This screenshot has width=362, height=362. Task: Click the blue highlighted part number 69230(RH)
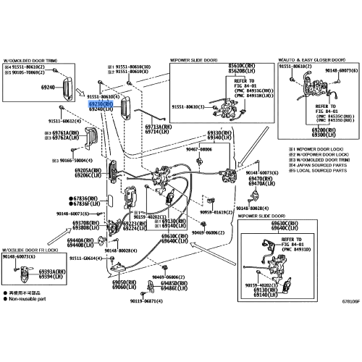(x=100, y=104)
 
